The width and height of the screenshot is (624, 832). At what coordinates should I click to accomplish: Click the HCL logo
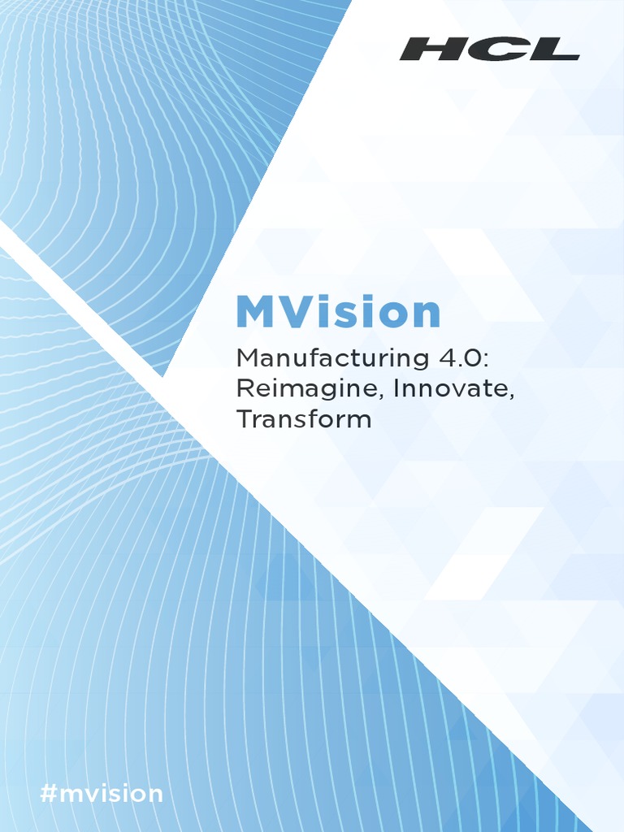(x=489, y=49)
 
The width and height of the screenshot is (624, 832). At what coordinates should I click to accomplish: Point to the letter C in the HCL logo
(x=489, y=49)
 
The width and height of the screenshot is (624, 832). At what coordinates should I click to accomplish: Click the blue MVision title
(x=338, y=311)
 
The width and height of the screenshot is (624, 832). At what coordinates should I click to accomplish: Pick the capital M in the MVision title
(x=255, y=312)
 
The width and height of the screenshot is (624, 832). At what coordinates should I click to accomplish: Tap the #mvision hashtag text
(x=102, y=794)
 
